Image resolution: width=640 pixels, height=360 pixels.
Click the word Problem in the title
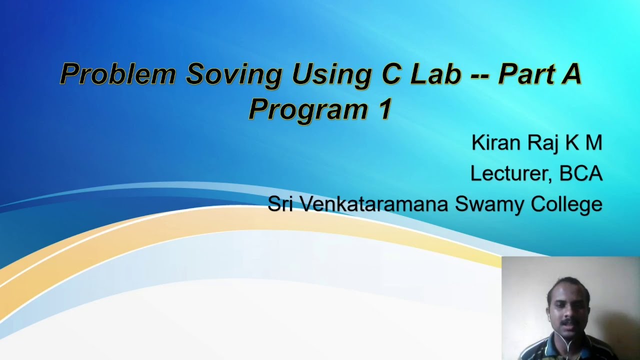117,74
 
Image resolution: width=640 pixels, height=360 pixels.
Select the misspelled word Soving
233,74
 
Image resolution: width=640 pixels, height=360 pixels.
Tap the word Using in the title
331,74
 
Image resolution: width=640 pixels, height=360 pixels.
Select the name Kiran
496,143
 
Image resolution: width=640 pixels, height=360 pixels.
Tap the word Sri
280,204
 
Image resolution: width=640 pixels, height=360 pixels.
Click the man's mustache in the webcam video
566,323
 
